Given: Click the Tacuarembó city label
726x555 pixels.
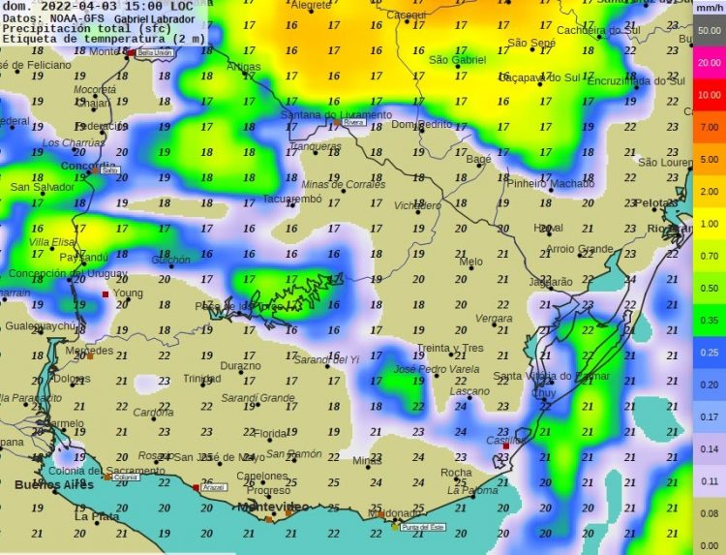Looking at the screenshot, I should (291, 200).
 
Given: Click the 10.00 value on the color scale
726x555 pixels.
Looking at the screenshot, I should (709, 95).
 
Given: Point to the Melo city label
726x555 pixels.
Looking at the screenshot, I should (470, 262).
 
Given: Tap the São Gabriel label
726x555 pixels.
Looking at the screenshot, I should (456, 60).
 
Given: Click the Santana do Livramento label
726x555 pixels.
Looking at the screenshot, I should (322, 114).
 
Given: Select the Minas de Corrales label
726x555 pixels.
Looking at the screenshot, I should (343, 184).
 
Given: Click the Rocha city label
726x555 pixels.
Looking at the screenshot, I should (456, 473).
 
